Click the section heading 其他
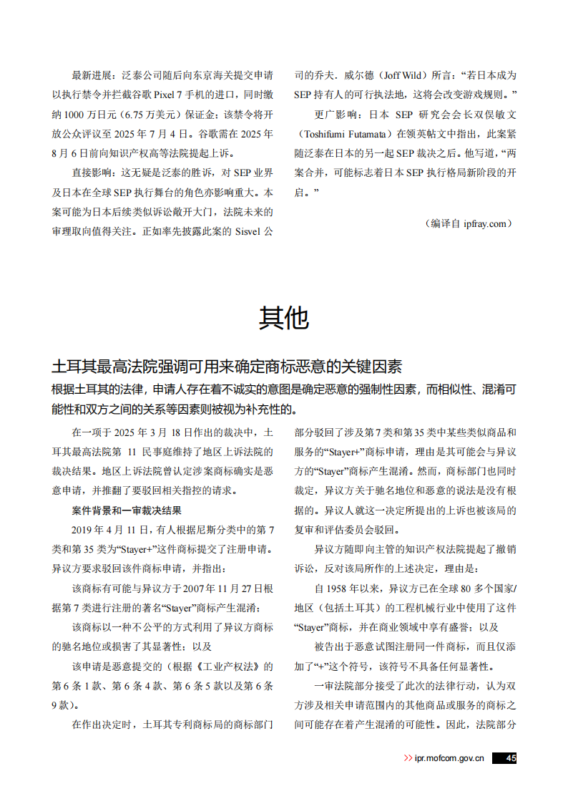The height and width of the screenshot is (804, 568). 283,318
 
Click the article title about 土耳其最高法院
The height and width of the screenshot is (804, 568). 227,367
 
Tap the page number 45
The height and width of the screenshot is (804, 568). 509,758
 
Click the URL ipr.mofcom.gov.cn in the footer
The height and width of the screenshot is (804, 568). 449,758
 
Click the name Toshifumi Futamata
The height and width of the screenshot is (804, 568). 347,134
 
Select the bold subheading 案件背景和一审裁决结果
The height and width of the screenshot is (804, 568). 127,510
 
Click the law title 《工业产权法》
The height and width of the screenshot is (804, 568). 221,666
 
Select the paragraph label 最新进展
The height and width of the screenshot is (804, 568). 92,74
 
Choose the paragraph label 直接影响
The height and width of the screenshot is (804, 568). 92,173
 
